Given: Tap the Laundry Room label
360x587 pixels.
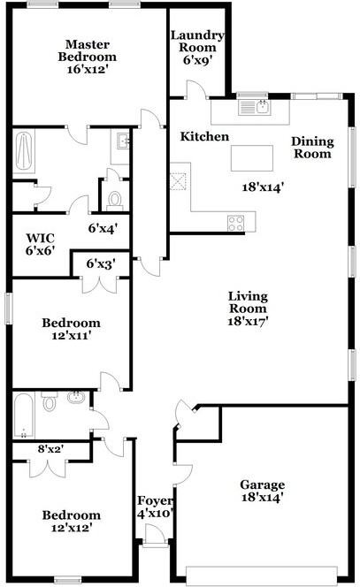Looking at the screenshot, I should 197,42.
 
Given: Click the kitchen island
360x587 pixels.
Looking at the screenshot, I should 252,158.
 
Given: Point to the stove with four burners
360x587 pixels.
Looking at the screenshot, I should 235,222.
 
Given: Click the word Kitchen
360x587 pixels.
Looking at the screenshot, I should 204,137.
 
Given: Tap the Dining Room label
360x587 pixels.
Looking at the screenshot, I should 311,147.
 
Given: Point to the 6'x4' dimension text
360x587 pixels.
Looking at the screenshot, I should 103,227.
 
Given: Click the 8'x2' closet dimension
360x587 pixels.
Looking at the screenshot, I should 50,448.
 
